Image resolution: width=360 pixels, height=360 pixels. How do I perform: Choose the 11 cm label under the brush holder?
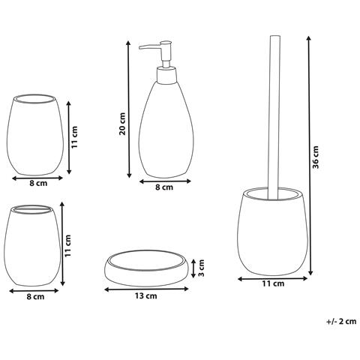(x=273, y=283)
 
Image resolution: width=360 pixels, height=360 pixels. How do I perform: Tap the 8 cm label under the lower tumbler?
(x=34, y=297)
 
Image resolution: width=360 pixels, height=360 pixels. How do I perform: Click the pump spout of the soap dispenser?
(x=148, y=48)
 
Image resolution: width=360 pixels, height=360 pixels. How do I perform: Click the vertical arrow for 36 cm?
(x=307, y=157)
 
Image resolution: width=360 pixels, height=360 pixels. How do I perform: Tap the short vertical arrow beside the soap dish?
(x=194, y=268)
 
